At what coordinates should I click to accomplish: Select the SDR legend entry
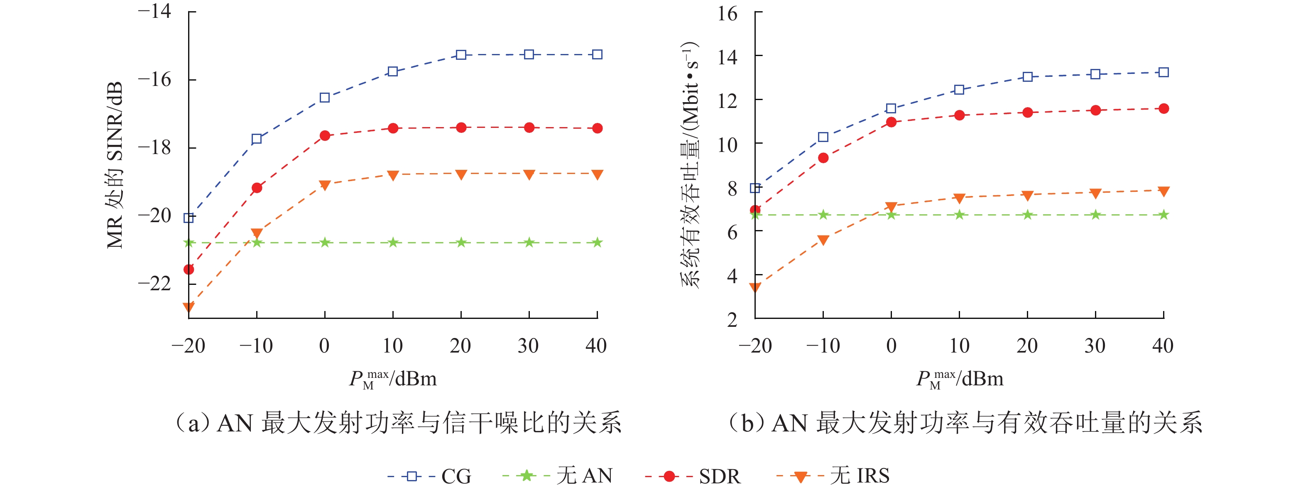(693, 476)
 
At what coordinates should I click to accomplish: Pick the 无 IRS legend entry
(833, 476)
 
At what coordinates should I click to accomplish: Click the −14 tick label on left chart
(155, 11)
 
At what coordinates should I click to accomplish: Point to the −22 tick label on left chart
(155, 283)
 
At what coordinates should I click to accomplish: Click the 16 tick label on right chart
(727, 13)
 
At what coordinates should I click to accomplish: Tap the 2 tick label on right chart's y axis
(732, 320)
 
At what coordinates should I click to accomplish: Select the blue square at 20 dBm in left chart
(461, 55)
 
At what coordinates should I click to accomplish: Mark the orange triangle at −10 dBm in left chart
(257, 233)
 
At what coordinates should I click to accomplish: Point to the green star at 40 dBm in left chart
(597, 243)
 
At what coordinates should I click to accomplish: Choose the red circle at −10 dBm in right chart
(823, 158)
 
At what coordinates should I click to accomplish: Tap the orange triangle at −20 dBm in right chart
(755, 287)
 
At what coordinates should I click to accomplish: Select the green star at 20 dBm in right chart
(1028, 215)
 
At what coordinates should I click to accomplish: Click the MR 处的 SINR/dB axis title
(115, 165)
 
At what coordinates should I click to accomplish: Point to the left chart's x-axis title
(392, 379)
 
